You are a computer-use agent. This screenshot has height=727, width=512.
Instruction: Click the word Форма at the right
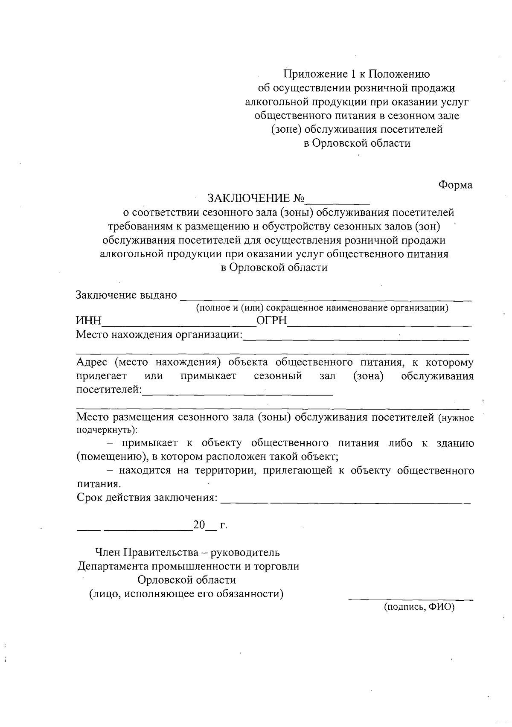[x=455, y=185]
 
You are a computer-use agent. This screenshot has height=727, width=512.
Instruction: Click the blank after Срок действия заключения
[x=346, y=500]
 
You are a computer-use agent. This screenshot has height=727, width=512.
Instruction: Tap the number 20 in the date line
[x=199, y=525]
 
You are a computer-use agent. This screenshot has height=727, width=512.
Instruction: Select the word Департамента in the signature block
[x=109, y=567]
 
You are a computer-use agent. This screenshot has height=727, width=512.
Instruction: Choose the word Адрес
[x=91, y=363]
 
